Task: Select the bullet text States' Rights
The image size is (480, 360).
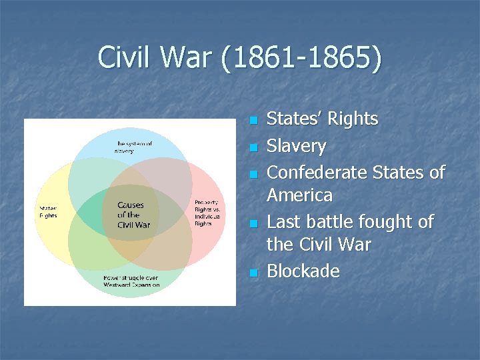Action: tap(322, 119)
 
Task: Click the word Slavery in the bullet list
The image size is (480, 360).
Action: tap(296, 147)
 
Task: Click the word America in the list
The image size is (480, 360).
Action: tap(299, 196)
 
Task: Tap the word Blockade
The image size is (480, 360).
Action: tap(303, 271)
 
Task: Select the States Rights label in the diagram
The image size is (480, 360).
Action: tap(48, 211)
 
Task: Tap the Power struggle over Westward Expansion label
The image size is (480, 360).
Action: tap(131, 281)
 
